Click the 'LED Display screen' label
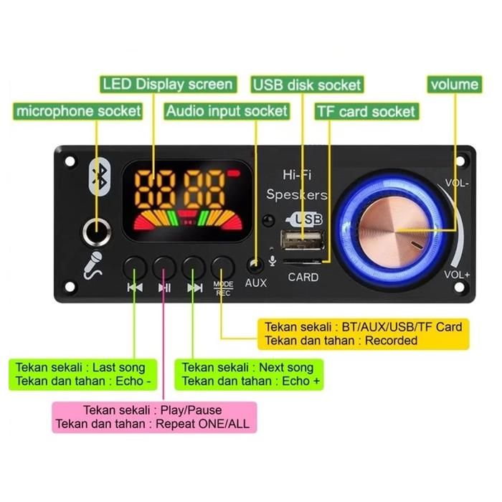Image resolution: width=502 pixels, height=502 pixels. pyautogui.click(x=167, y=85)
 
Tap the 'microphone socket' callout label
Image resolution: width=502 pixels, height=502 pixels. pyautogui.click(x=79, y=112)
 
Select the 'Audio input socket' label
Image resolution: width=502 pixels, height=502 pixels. pyautogui.click(x=227, y=112)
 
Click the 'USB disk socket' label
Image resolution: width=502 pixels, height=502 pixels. pyautogui.click(x=306, y=85)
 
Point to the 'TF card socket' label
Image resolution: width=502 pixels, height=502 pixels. pyautogui.click(x=366, y=112)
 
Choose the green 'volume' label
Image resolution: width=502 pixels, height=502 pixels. pyautogui.click(x=454, y=85)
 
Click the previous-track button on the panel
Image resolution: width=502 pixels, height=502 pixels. pyautogui.click(x=135, y=267)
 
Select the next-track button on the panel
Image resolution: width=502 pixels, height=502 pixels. pyautogui.click(x=194, y=267)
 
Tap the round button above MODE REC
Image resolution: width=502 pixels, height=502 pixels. pyautogui.click(x=224, y=267)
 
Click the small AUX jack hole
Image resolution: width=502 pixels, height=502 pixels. pyautogui.click(x=255, y=265)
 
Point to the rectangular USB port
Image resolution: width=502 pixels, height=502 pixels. pyautogui.click(x=302, y=239)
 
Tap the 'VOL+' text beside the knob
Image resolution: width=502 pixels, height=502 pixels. pyautogui.click(x=456, y=274)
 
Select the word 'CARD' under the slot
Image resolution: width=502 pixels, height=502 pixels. pyautogui.click(x=303, y=277)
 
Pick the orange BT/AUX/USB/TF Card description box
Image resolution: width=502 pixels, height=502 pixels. pyautogui.click(x=363, y=333)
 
